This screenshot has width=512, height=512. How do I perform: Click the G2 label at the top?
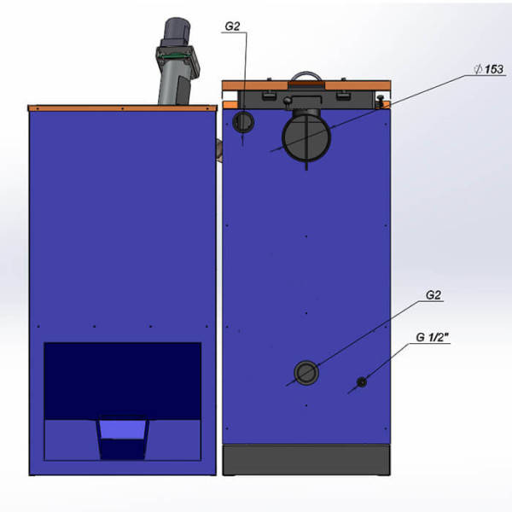click(x=232, y=26)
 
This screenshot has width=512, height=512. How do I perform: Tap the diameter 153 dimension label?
click(x=489, y=69)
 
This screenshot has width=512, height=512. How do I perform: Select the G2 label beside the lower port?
click(x=433, y=295)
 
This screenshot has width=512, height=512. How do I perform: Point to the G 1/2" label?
click(x=433, y=337)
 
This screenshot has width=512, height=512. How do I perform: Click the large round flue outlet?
click(x=306, y=137)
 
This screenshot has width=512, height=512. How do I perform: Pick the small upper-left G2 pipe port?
click(x=243, y=122)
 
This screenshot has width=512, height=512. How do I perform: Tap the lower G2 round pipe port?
click(x=306, y=373)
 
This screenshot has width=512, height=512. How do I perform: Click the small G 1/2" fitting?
click(x=362, y=381)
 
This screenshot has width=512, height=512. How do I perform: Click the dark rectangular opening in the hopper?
click(x=122, y=381)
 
